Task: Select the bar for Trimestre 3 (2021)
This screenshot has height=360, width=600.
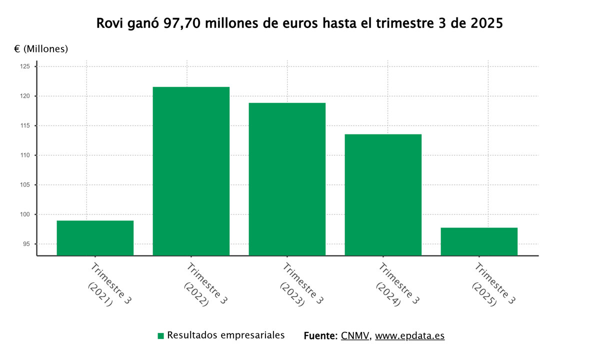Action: pyautogui.click(x=95, y=238)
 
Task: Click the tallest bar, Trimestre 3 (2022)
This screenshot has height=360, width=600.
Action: pyautogui.click(x=191, y=171)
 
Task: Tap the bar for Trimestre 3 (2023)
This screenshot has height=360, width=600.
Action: pyautogui.click(x=287, y=179)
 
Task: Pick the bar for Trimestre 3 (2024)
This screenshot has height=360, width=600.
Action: pyautogui.click(x=383, y=195)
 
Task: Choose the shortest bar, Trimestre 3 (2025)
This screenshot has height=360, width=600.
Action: pyautogui.click(x=479, y=241)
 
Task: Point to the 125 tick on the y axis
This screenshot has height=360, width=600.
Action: pyautogui.click(x=26, y=66)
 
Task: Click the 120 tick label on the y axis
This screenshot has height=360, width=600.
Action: pyautogui.click(x=26, y=96)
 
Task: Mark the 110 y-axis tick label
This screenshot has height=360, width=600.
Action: pyautogui.click(x=26, y=155)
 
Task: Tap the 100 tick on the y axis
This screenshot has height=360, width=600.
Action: pyautogui.click(x=26, y=214)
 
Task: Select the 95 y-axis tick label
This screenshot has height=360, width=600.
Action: pyautogui.click(x=27, y=244)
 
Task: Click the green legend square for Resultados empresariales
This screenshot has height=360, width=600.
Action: pyautogui.click(x=160, y=336)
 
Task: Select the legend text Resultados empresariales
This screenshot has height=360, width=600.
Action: pyautogui.click(x=226, y=335)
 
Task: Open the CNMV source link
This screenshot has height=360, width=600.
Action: pyautogui.click(x=355, y=335)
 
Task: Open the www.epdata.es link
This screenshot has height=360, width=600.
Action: pyautogui.click(x=409, y=335)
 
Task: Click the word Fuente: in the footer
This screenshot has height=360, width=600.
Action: pyautogui.click(x=321, y=335)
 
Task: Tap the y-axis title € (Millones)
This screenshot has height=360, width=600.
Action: pyautogui.click(x=41, y=49)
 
